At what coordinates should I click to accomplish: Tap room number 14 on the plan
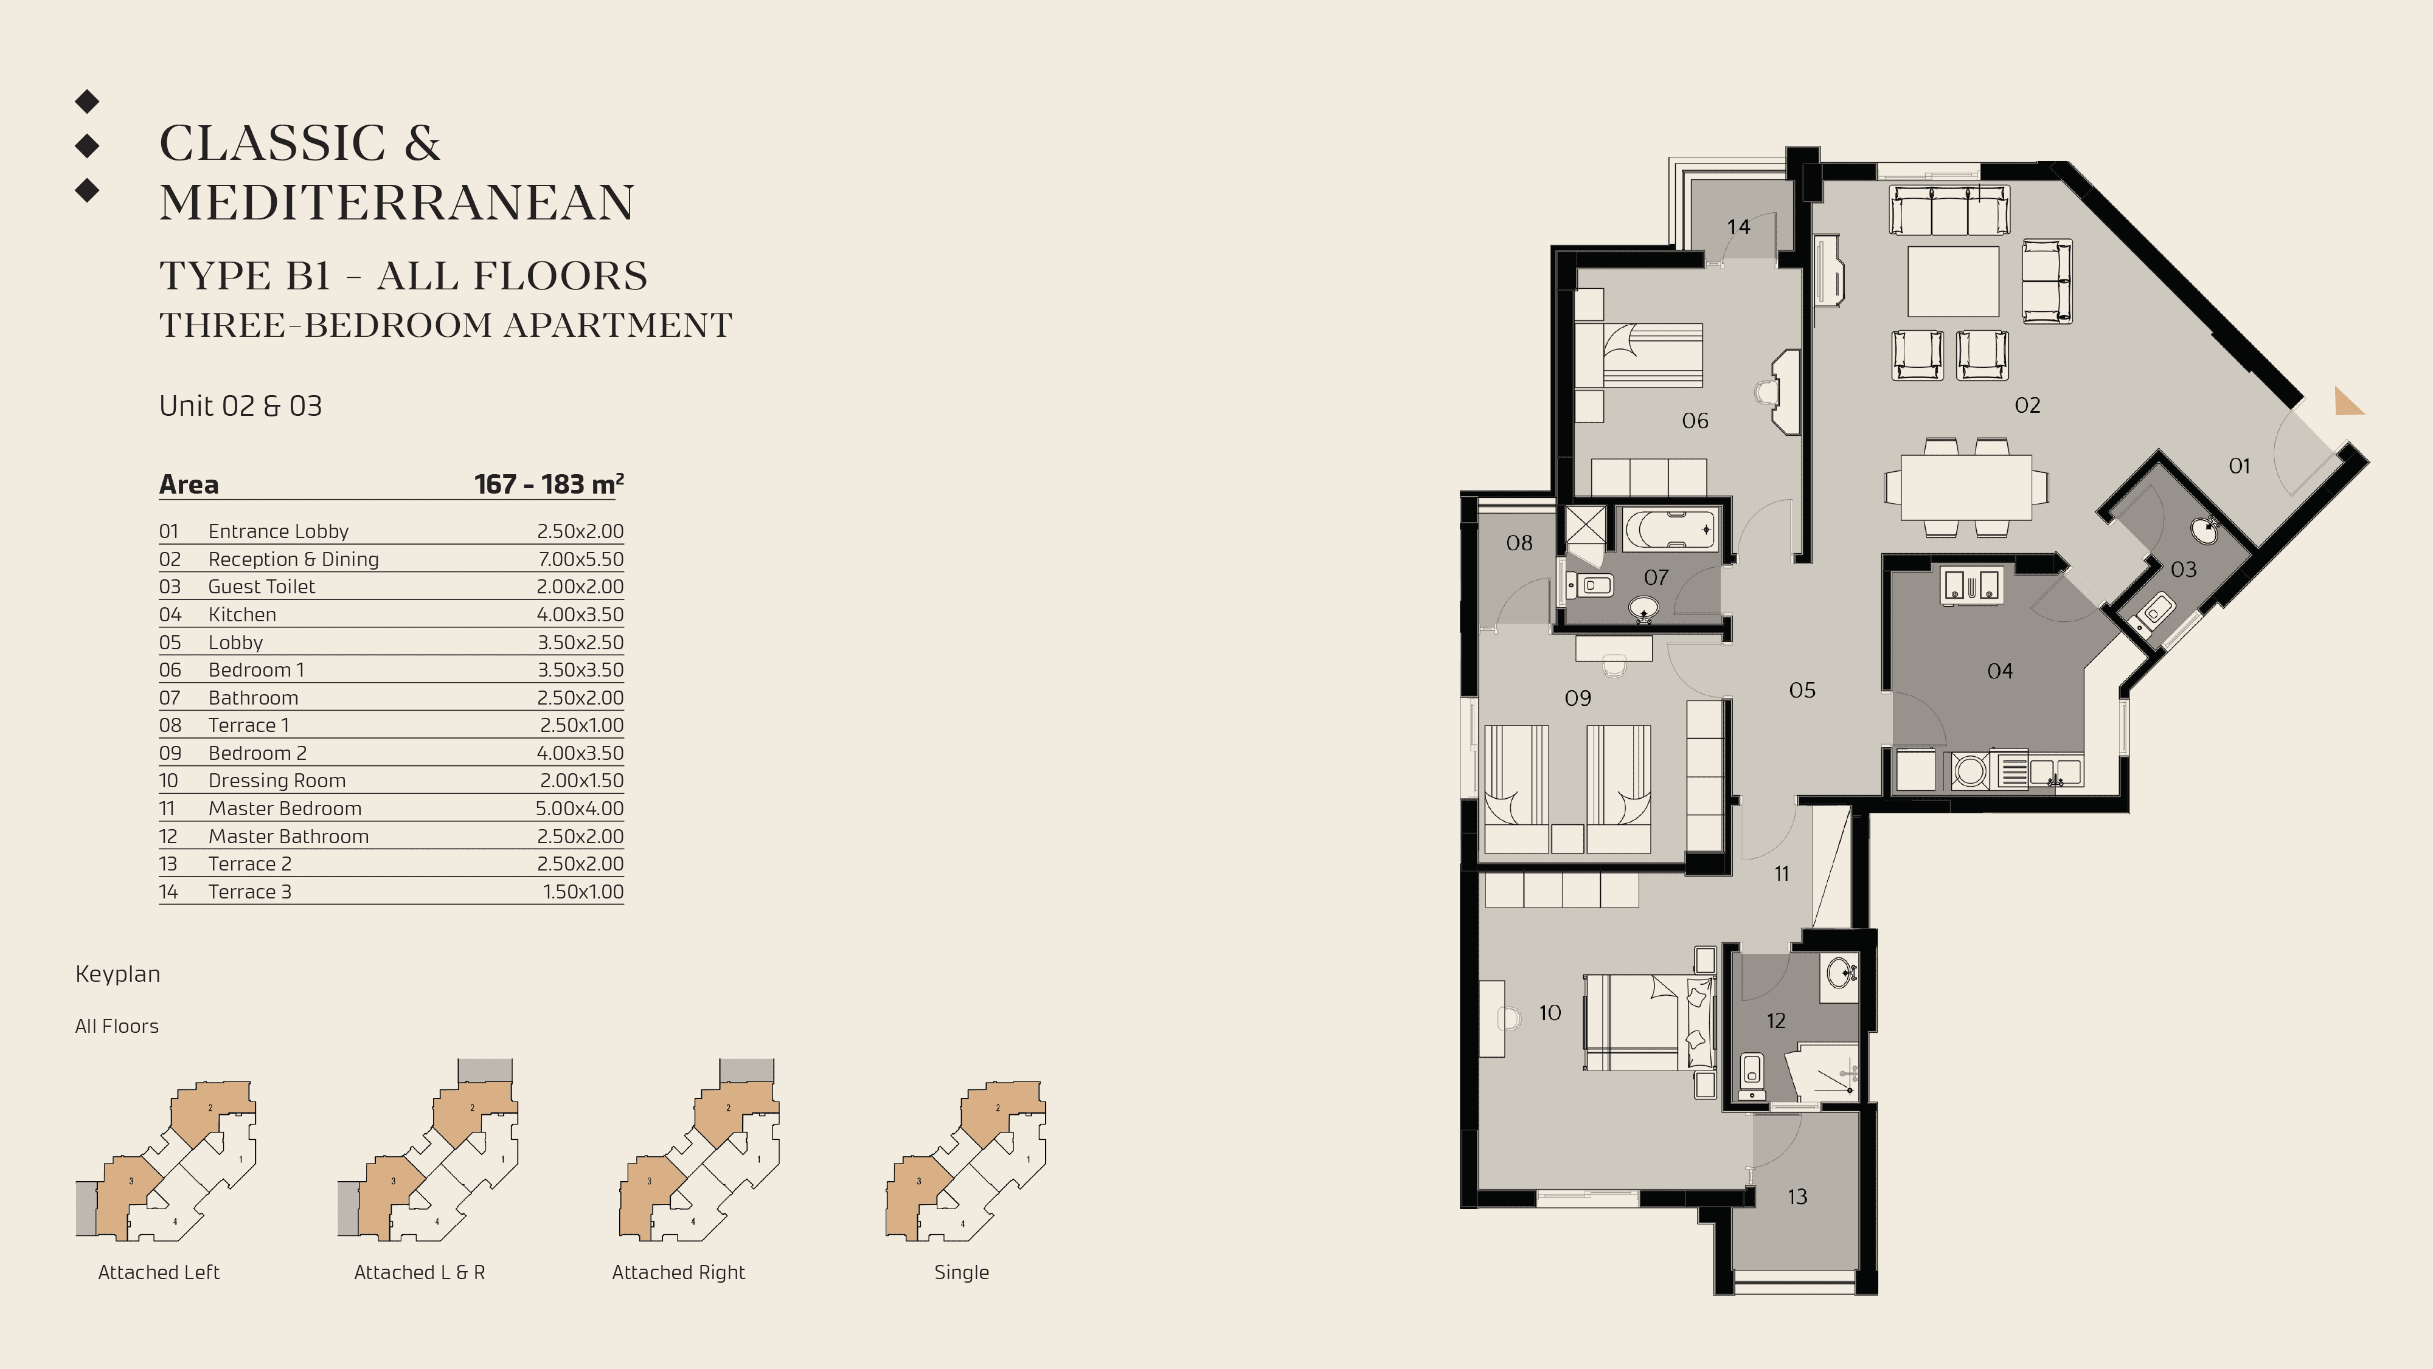point(1738,227)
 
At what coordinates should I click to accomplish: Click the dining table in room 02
point(1965,487)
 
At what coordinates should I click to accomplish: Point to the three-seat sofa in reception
point(1948,210)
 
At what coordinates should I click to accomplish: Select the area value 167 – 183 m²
point(549,484)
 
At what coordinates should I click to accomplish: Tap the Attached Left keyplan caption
point(159,1272)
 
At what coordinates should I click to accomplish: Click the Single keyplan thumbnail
point(965,1161)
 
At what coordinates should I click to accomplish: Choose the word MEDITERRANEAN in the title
point(397,202)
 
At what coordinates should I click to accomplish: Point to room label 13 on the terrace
point(1796,1197)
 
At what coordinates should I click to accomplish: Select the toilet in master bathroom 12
point(1751,1074)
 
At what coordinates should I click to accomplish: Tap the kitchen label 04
point(1999,671)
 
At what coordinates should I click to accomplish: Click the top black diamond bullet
point(87,100)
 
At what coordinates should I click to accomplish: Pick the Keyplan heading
point(117,973)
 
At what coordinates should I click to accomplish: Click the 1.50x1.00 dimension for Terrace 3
point(582,891)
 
